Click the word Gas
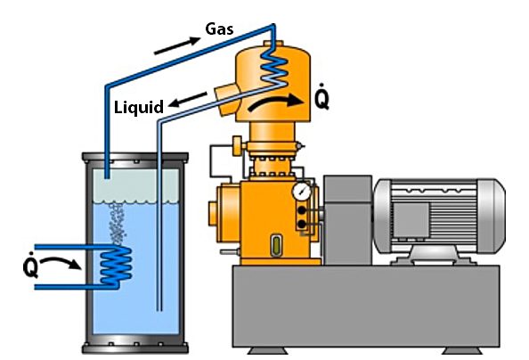pos(219,29)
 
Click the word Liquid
pos(139,108)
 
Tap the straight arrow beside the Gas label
pos(177,45)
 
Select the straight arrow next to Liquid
pos(188,99)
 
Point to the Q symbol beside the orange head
pos(321,97)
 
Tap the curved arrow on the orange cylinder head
pos(276,102)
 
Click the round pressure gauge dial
pos(302,192)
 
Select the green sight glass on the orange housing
pos(277,246)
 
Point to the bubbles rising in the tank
pos(117,223)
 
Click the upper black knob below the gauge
pos(302,210)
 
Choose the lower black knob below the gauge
pos(302,224)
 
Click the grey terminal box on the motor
pos(411,220)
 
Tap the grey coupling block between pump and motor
pos(347,220)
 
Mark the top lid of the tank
pos(135,158)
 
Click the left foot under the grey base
pos(268,350)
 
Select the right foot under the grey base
pos(462,350)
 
